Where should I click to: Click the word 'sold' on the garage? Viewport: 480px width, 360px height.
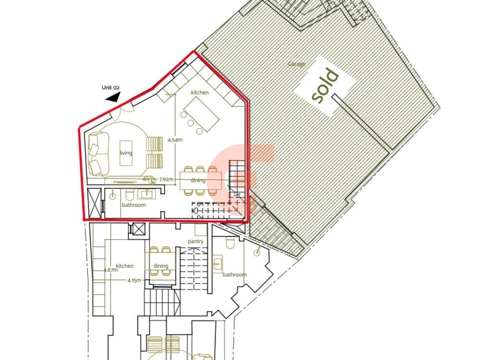pos(325,86)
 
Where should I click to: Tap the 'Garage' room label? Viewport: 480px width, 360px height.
pos(297,64)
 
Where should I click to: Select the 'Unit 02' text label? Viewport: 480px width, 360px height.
pos(110,87)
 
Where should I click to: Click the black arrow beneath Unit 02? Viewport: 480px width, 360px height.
pos(113,97)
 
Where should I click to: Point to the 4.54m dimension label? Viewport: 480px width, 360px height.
pos(175,140)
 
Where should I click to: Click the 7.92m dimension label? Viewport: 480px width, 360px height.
pos(166,180)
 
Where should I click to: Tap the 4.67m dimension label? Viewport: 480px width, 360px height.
pos(111,270)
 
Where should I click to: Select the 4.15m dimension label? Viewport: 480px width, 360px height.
pos(134,280)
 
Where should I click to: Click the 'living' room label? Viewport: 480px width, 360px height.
pos(126,153)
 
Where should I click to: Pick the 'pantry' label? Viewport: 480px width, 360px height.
pos(196,241)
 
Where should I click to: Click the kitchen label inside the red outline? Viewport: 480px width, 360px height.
pos(200,93)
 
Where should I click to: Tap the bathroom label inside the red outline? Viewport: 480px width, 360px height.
pos(134,205)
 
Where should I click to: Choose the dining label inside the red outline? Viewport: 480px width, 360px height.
pos(198,180)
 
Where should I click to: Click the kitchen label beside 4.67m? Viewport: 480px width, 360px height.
pos(125,266)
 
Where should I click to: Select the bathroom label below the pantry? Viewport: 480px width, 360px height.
pos(235,275)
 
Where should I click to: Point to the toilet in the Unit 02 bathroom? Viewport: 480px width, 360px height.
pos(129,194)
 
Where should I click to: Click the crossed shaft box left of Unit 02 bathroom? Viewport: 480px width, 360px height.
pos(94,203)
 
